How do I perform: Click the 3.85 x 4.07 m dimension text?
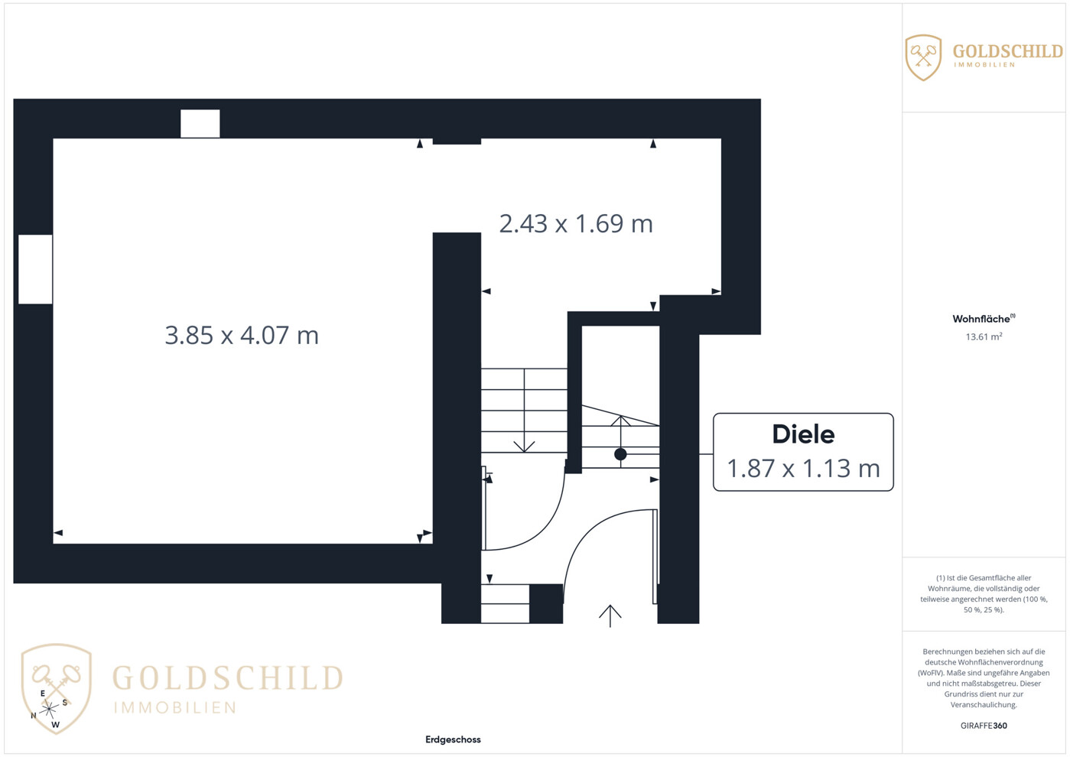pyautogui.click(x=242, y=335)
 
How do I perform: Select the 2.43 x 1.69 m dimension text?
pyautogui.click(x=576, y=223)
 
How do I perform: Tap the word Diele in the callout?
pyautogui.click(x=803, y=434)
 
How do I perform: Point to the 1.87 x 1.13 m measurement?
pyautogui.click(x=803, y=468)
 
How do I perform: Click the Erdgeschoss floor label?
pyautogui.click(x=453, y=739)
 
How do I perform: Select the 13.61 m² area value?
pyautogui.click(x=984, y=336)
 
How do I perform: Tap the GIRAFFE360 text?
pyautogui.click(x=984, y=726)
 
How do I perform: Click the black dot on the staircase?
pyautogui.click(x=620, y=454)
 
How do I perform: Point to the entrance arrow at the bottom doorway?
pyautogui.click(x=610, y=616)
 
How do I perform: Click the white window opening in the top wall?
pyautogui.click(x=200, y=123)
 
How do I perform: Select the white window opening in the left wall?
pyautogui.click(x=35, y=269)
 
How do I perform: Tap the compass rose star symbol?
pyautogui.click(x=49, y=709)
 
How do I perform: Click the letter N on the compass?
pyautogui.click(x=34, y=716)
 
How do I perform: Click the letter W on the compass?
pyautogui.click(x=55, y=725)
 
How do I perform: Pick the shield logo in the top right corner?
pyautogui.click(x=923, y=57)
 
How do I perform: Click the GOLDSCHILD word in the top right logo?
pyautogui.click(x=1008, y=51)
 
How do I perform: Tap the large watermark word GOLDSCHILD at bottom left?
pyautogui.click(x=227, y=677)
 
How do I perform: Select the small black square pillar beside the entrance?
pyautogui.click(x=546, y=603)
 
